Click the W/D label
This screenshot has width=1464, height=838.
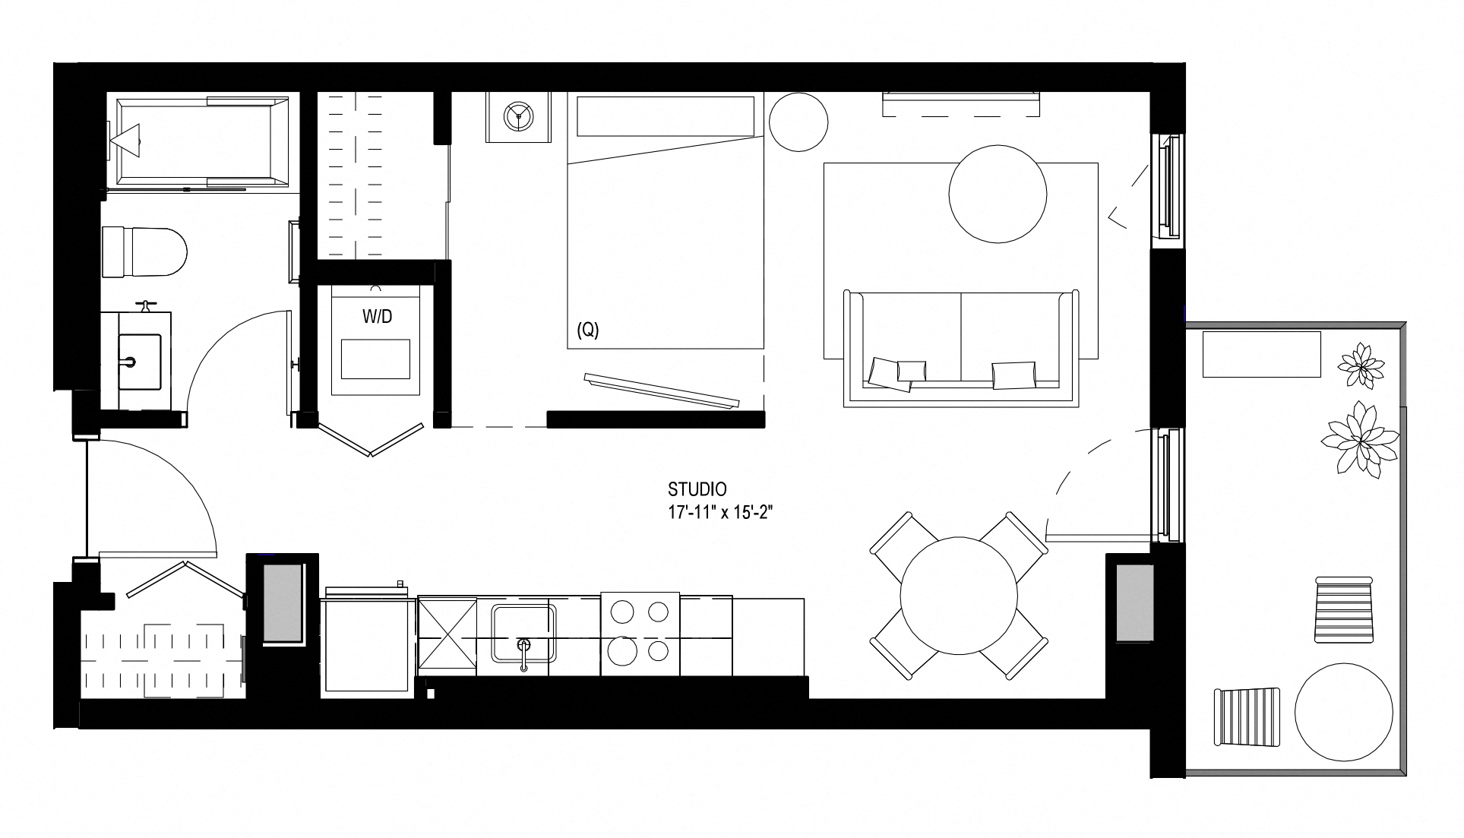[377, 317]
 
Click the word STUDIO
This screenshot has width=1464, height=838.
[697, 489]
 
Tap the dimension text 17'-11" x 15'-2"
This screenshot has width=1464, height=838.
[720, 512]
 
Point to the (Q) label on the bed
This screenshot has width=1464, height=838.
[588, 331]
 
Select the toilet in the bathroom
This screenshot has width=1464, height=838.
[144, 251]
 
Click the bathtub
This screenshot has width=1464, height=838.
[200, 141]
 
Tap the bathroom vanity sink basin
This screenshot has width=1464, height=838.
[140, 362]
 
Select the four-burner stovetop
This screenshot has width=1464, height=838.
[640, 633]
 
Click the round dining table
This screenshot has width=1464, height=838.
[958, 594]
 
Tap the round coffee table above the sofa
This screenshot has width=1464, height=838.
[998, 194]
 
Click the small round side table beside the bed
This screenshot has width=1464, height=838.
[798, 122]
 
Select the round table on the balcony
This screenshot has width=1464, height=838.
[1344, 713]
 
